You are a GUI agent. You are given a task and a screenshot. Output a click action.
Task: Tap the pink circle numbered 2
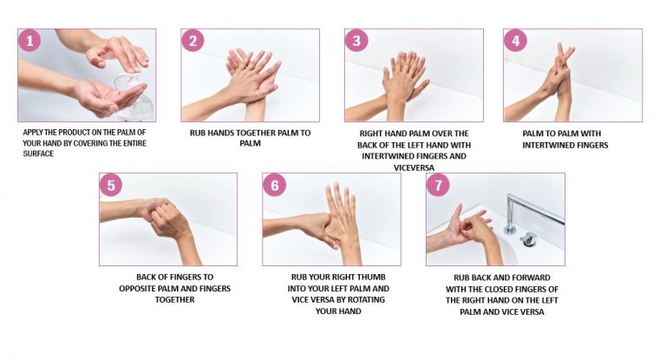[193, 41]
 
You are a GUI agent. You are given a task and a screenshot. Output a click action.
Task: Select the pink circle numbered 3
[356, 41]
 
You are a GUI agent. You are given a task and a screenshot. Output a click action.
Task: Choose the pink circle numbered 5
[111, 185]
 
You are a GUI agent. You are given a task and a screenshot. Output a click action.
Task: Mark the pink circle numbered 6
[274, 185]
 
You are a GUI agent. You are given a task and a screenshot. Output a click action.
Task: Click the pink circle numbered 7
[438, 185]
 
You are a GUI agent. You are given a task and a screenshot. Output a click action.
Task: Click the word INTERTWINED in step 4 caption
[565, 145]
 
